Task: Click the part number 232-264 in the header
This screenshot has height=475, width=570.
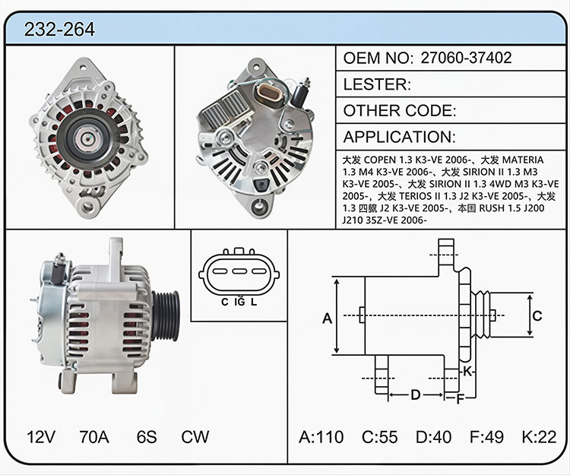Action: [59, 29]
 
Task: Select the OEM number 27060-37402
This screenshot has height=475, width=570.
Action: [466, 58]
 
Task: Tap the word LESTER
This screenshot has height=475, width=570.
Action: [377, 84]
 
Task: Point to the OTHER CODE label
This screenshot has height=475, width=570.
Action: [400, 110]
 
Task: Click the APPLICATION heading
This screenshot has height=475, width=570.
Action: [399, 137]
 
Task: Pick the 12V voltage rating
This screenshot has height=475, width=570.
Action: [41, 437]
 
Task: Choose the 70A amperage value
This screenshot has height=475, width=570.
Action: [94, 437]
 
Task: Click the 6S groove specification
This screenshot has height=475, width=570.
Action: [147, 437]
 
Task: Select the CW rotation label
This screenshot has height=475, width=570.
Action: [195, 437]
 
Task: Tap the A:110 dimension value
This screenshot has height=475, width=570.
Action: [321, 437]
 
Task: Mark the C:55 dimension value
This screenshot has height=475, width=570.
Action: [379, 437]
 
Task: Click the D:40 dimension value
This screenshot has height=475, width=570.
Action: [434, 437]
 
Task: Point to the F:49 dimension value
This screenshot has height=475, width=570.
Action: [486, 437]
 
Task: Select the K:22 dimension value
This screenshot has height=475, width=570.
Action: [539, 437]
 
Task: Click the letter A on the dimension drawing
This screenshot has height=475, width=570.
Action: [327, 318]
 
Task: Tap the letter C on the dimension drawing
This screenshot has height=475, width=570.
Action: [537, 316]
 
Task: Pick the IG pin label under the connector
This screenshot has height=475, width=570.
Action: [240, 301]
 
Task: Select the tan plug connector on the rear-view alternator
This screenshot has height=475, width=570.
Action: [270, 94]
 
